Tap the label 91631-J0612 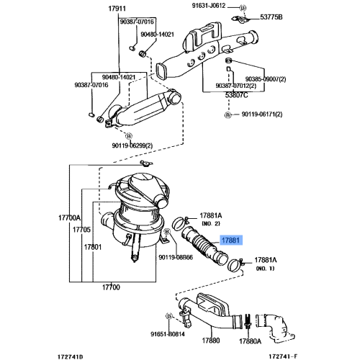210,6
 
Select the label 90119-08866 175,256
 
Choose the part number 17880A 251,341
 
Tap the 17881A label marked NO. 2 210,215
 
